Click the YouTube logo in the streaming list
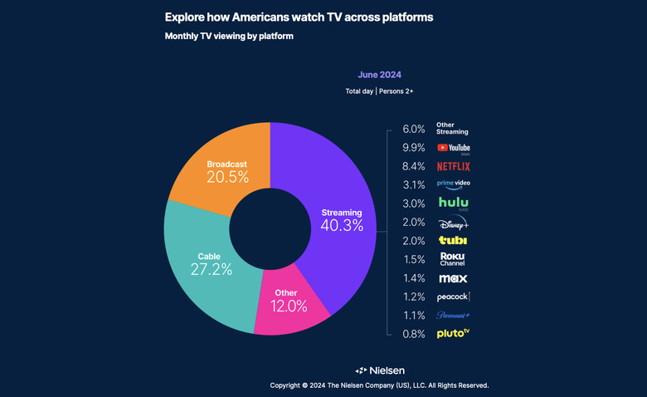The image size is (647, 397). (x=453, y=148)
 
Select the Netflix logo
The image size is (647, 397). (x=453, y=166)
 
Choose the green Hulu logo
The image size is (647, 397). (x=453, y=203)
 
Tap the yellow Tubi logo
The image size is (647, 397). (x=453, y=240)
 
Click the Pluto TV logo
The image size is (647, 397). (x=453, y=334)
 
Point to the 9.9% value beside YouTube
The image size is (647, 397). (x=413, y=148)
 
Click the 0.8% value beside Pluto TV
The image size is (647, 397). (x=413, y=334)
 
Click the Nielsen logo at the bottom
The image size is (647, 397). (x=380, y=370)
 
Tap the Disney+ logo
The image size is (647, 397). (x=453, y=223)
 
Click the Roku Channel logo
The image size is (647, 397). (x=453, y=259)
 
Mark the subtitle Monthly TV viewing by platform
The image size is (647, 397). (x=229, y=37)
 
